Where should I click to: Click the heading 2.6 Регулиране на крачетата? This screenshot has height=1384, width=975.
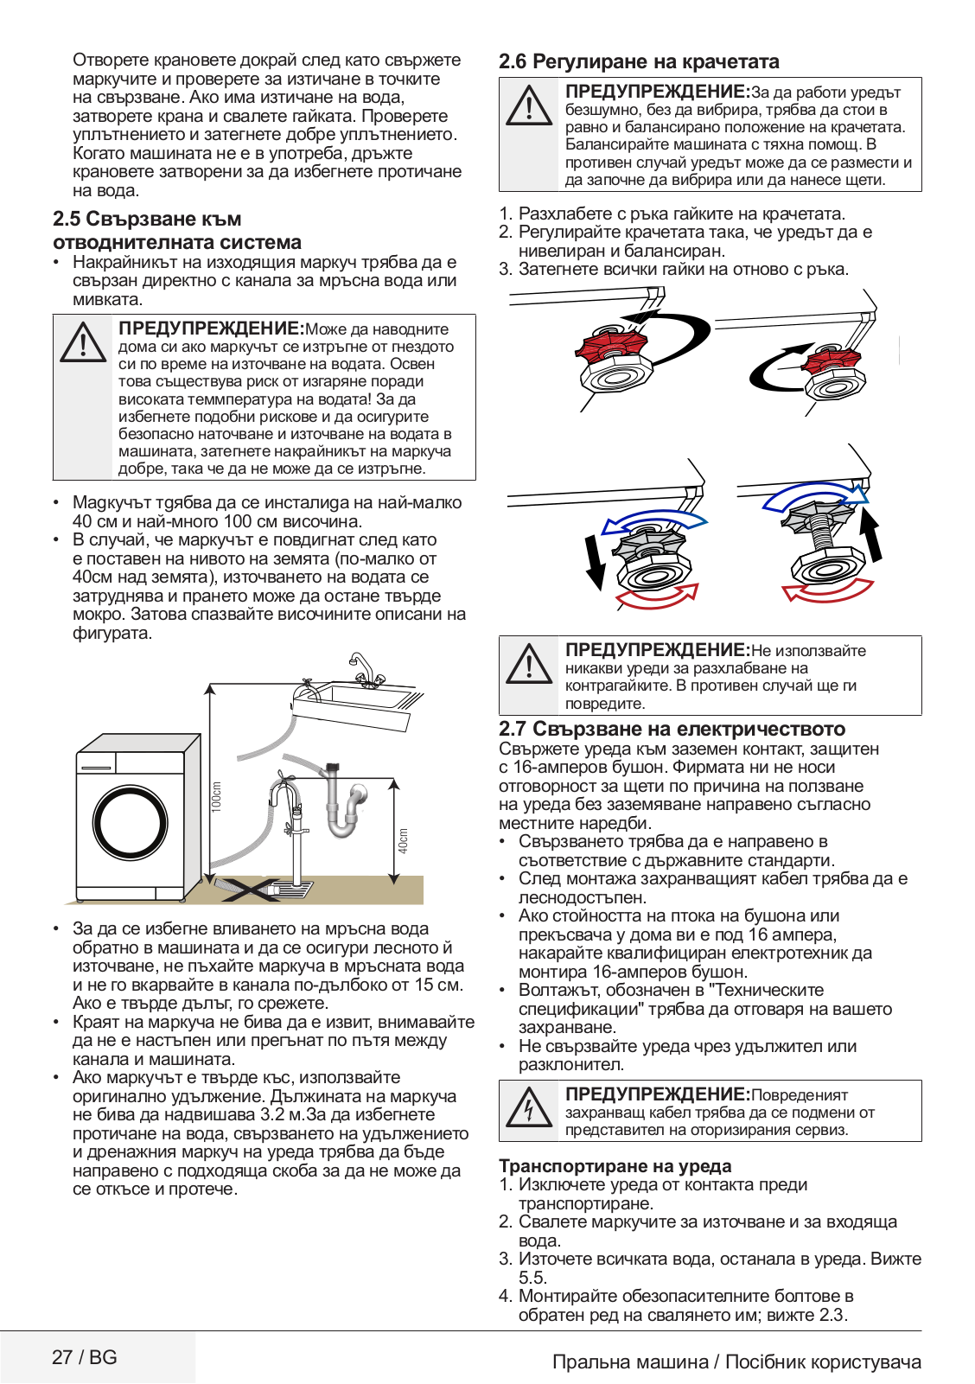(639, 62)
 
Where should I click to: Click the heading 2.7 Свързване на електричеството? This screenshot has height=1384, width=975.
(672, 729)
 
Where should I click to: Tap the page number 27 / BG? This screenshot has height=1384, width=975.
(84, 1357)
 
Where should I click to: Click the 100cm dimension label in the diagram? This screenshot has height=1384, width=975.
(217, 796)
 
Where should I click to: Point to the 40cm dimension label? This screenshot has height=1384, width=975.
(403, 840)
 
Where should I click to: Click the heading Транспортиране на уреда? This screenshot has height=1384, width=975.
(615, 1166)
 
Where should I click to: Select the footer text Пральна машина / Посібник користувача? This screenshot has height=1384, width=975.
(736, 1362)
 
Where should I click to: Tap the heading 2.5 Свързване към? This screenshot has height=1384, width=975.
(147, 220)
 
